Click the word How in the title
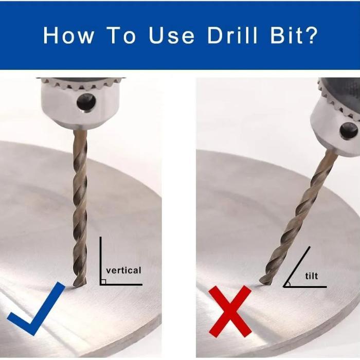click(68, 35)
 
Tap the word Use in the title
click(172, 35)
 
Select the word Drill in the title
click(232, 35)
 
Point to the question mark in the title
click(311, 35)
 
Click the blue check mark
click(36, 309)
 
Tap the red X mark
click(230, 312)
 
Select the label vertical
click(123, 270)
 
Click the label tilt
click(312, 276)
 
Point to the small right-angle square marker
click(103, 282)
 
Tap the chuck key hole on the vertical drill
click(86, 102)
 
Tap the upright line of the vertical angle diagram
click(101, 261)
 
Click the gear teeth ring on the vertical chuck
click(81, 84)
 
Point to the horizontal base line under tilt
click(305, 287)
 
